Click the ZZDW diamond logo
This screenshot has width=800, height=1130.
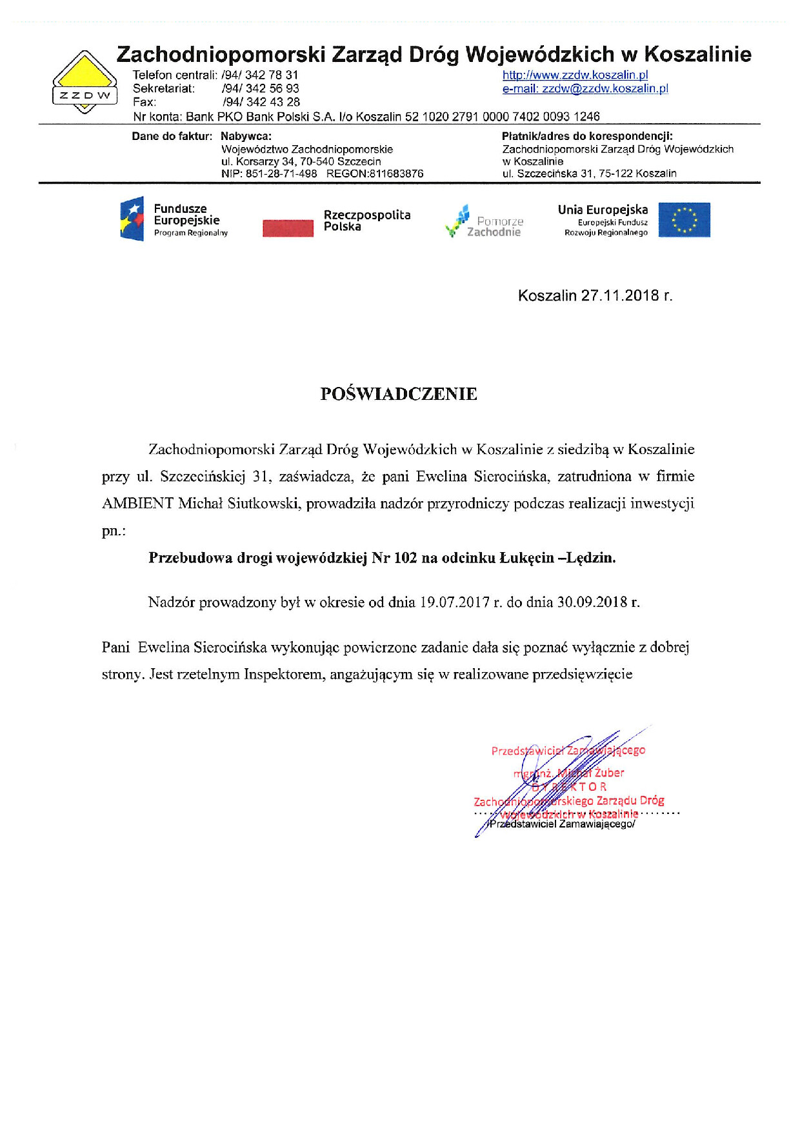point(85,83)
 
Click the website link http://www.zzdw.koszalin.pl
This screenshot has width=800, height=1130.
point(575,75)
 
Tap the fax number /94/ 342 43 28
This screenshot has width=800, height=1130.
point(261,102)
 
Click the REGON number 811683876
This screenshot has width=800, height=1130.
point(396,173)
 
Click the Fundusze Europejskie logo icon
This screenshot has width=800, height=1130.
point(132,219)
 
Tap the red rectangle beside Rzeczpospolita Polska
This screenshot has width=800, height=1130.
point(288,228)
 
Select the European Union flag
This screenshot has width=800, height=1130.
point(684,220)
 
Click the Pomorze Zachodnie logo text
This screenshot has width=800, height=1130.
point(495,226)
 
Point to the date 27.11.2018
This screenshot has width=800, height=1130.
point(620,295)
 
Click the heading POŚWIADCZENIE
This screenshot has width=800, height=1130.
point(399,394)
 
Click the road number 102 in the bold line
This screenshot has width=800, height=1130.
point(405,558)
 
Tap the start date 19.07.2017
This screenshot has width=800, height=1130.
point(454,602)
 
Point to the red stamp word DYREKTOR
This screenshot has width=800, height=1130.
point(570,787)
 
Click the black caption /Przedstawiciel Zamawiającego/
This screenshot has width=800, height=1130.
point(561,824)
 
